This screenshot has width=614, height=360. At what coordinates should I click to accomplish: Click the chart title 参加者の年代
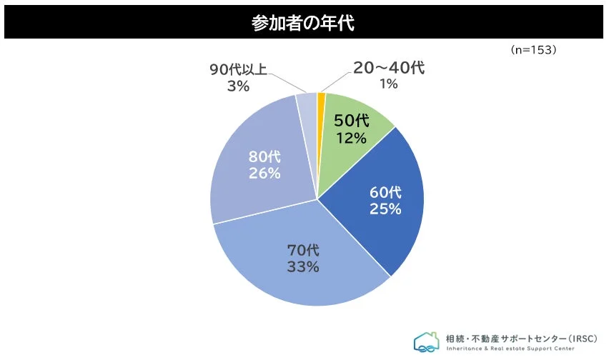303,23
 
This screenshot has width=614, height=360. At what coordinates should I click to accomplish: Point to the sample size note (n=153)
533,51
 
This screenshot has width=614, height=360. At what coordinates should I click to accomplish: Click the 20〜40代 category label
389,69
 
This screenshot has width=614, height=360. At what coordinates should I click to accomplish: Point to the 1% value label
388,84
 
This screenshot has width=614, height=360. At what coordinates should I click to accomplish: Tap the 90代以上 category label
239,70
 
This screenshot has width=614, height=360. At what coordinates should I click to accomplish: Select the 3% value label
238,86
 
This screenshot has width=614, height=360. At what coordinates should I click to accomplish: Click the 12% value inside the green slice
350,137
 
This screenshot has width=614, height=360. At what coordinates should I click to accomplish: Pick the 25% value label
385,209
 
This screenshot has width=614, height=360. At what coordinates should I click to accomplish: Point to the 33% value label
303,267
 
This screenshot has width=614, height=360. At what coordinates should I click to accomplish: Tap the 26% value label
264,173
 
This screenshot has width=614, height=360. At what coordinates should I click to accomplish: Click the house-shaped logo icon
427,341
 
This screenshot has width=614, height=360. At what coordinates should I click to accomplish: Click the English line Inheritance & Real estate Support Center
512,349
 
